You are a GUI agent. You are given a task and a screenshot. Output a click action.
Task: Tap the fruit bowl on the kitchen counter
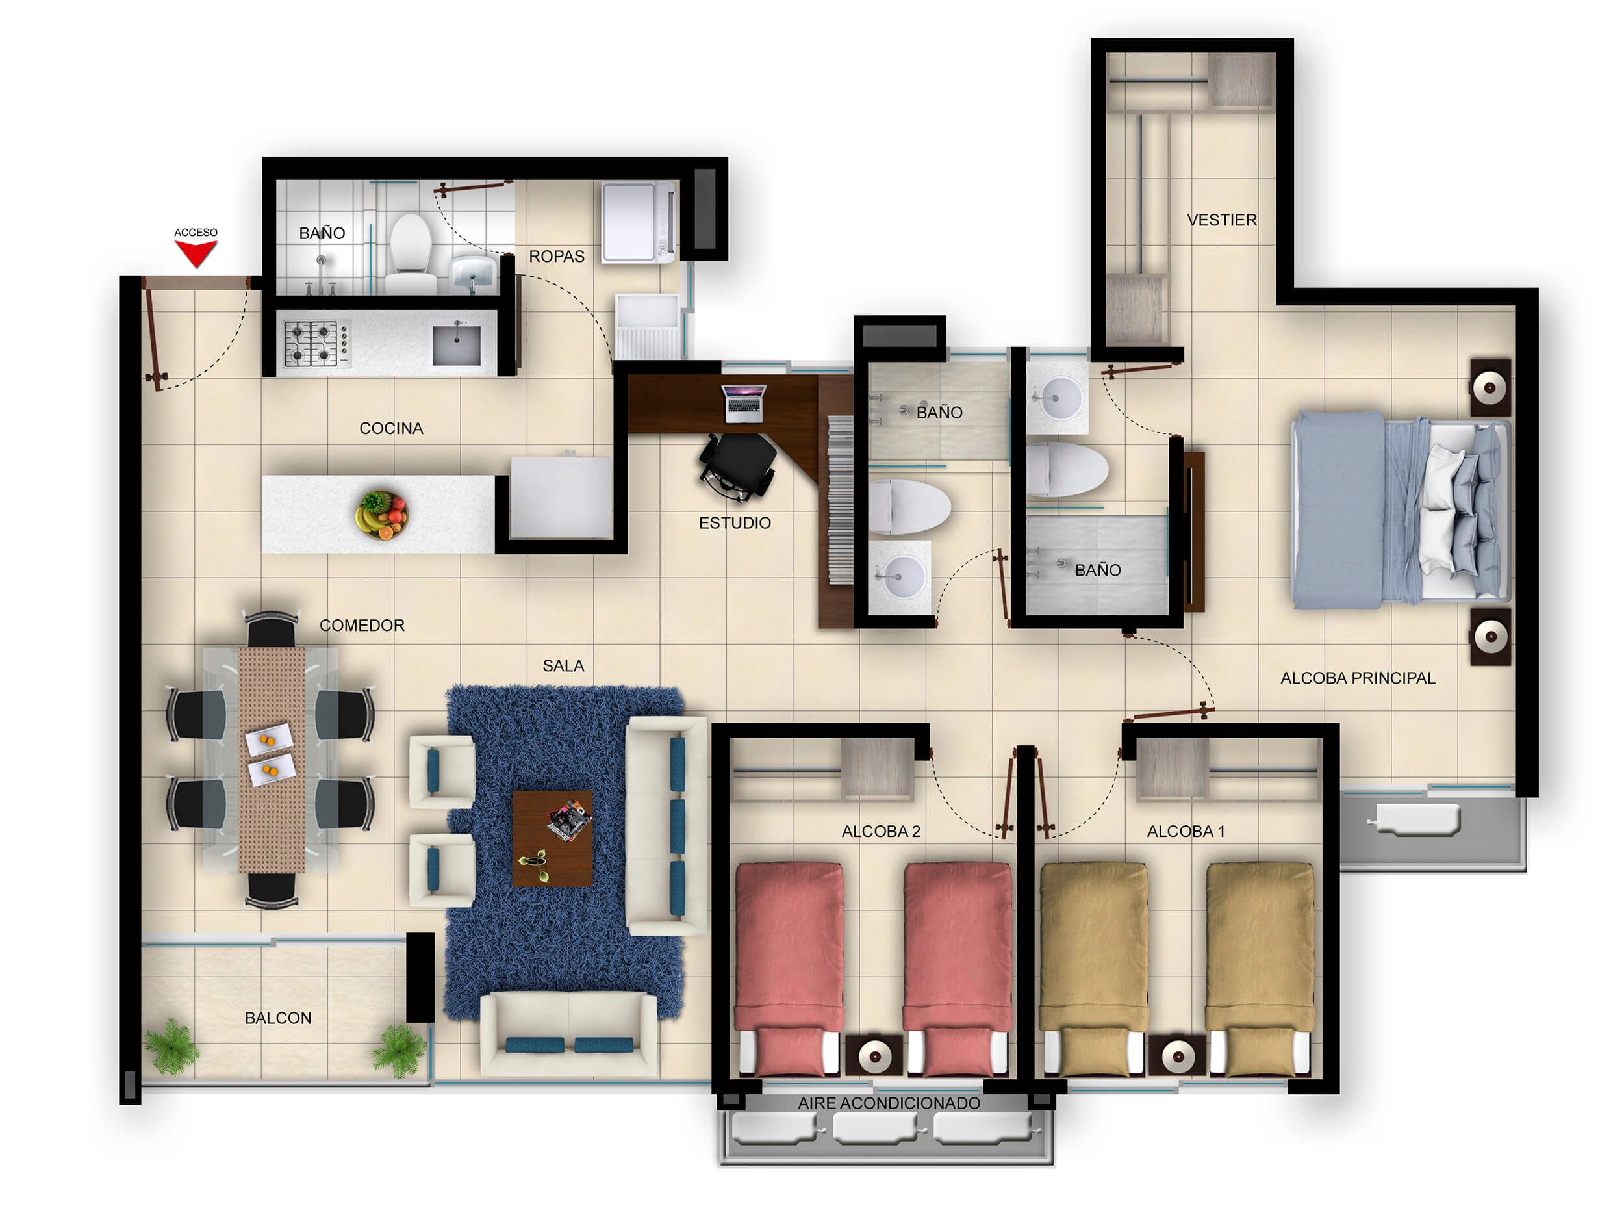click(382, 515)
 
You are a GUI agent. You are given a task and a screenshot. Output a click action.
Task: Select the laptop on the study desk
click(744, 403)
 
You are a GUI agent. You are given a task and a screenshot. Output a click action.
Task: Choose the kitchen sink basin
click(456, 344)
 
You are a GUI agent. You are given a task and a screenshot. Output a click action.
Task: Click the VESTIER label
click(1221, 220)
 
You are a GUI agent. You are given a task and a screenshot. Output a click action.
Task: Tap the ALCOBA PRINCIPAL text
click(1357, 678)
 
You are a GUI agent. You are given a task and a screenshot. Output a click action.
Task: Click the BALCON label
click(278, 1018)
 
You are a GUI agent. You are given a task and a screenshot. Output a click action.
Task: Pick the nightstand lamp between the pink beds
click(874, 1055)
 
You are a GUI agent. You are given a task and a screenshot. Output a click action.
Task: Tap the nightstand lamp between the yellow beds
click(1176, 1055)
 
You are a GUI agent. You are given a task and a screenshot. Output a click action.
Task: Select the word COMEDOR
click(361, 626)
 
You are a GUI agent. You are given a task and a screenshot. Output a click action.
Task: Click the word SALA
click(563, 666)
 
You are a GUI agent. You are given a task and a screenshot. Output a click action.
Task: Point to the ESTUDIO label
click(734, 522)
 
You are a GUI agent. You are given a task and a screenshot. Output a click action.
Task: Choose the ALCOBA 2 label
click(880, 832)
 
